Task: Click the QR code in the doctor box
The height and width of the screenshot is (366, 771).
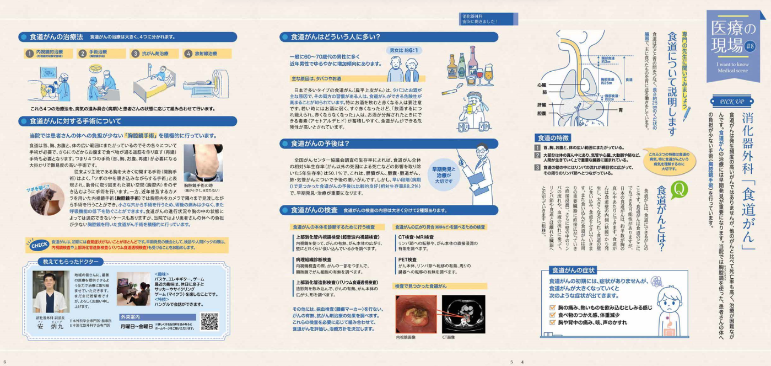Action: click(209, 321)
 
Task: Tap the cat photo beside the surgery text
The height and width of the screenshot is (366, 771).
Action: click(47, 200)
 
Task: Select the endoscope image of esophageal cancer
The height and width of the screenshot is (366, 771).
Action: click(416, 314)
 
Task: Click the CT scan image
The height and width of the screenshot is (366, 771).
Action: click(463, 314)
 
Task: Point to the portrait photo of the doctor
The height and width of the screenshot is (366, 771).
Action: click(51, 291)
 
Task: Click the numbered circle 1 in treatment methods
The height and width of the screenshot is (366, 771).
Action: click(30, 54)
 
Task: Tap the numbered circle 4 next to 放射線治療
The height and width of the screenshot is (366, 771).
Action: click(188, 54)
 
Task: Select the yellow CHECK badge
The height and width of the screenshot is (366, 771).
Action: click(39, 245)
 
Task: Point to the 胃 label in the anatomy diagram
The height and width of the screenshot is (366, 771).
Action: click(620, 110)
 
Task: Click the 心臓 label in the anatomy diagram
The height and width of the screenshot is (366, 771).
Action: click(541, 86)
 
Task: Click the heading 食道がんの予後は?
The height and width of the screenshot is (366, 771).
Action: click(320, 144)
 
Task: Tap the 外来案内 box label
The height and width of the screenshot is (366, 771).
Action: click(130, 317)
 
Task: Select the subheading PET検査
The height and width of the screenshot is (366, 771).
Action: click(407, 259)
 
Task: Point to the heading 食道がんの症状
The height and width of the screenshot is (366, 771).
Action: click(574, 270)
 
